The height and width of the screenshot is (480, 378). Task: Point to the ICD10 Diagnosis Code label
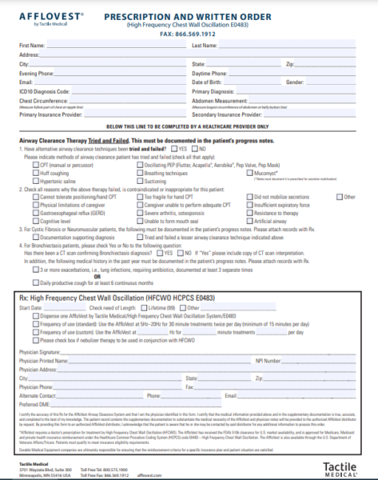[x=45, y=92]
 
